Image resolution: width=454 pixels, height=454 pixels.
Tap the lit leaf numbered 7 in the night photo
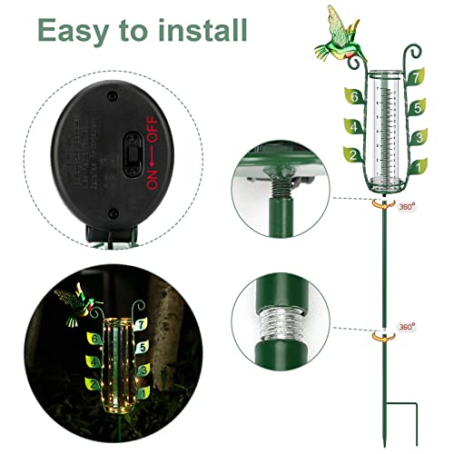(141, 323)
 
